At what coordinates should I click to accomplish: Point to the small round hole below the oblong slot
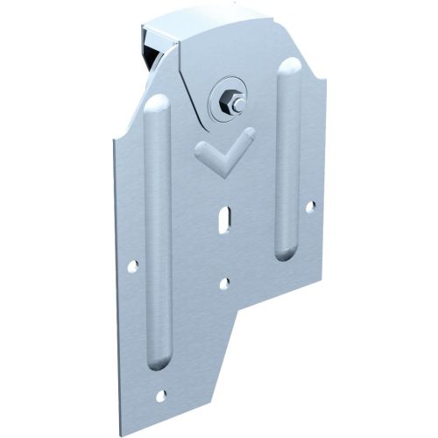[224, 283]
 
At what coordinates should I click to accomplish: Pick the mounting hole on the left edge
[132, 265]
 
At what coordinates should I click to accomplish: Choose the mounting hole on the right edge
[310, 207]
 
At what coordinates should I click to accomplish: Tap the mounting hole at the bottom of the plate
[160, 396]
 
